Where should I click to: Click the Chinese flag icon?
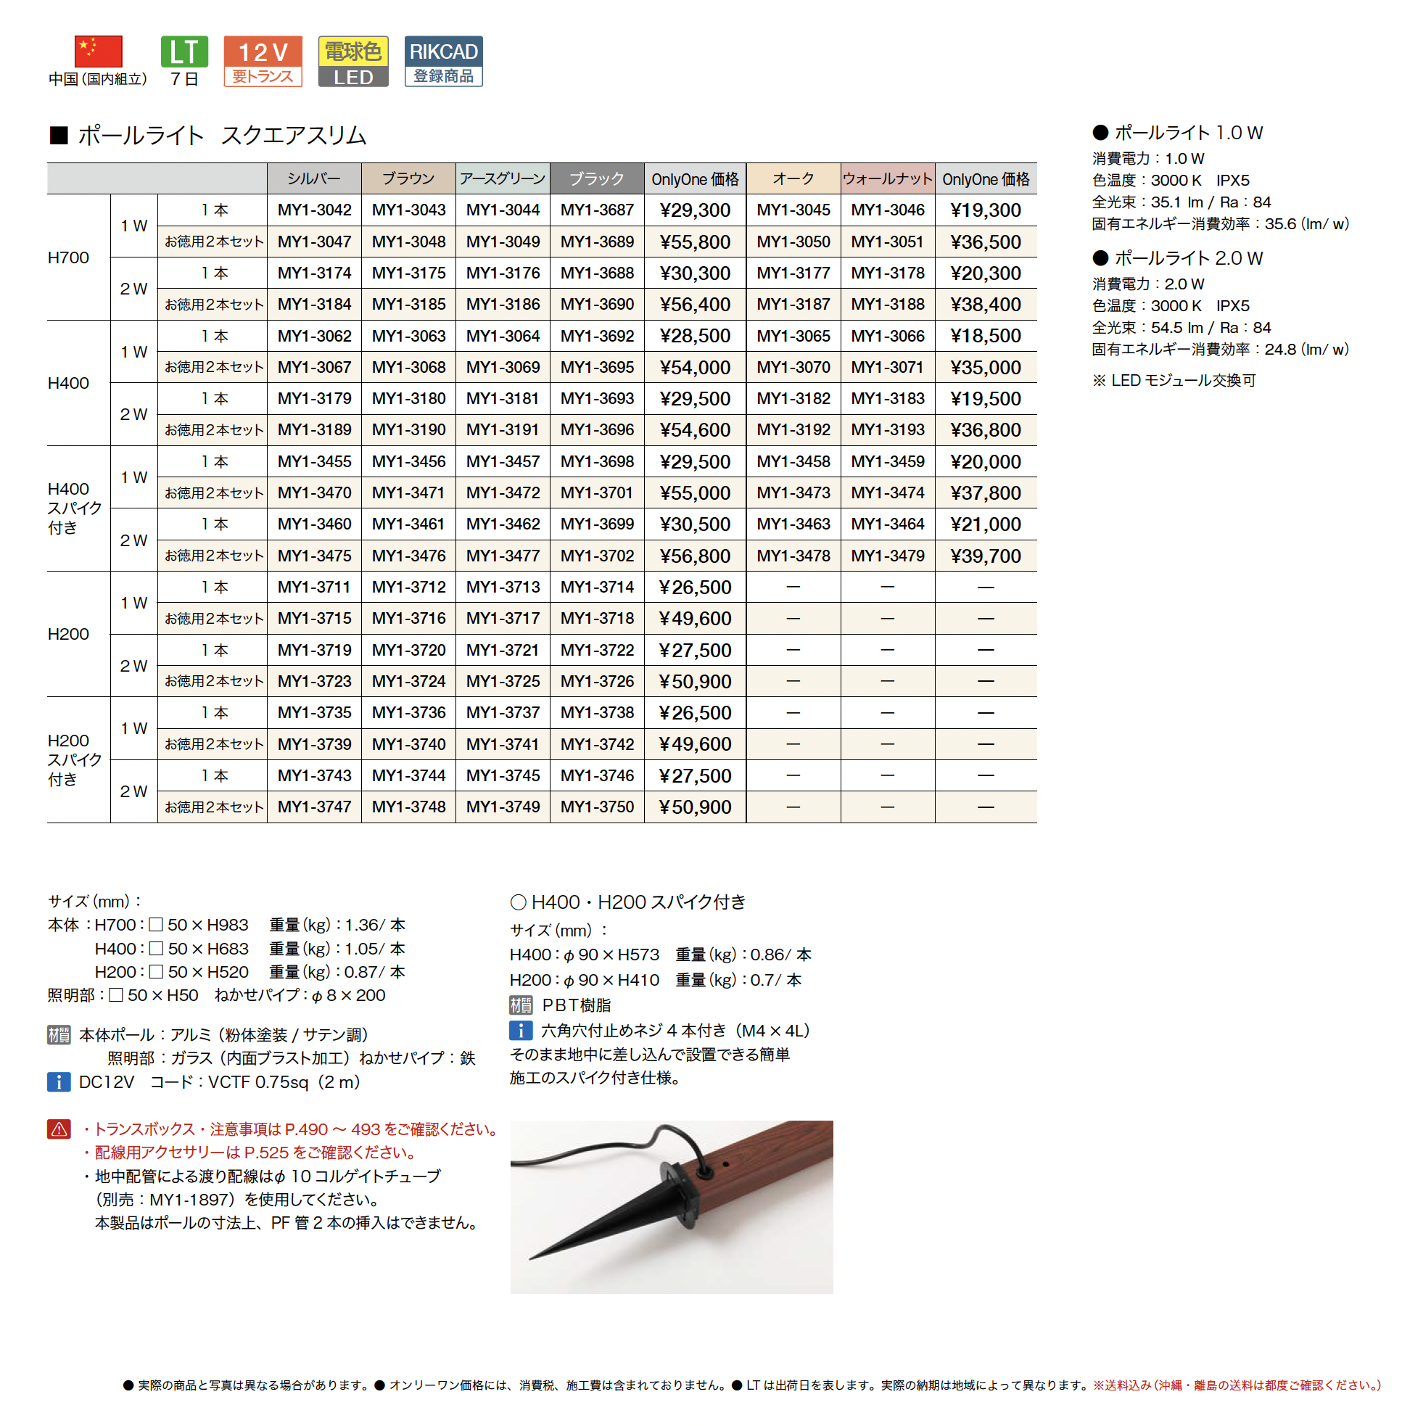[98, 51]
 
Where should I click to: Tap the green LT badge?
[184, 51]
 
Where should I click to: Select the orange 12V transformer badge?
[263, 61]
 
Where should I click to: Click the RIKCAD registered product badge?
[443, 61]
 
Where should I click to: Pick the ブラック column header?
[596, 179]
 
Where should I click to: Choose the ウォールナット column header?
[887, 179]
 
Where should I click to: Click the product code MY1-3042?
[315, 210]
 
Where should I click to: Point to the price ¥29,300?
[695, 210]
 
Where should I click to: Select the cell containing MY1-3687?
[596, 210]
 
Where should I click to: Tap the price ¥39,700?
[985, 556]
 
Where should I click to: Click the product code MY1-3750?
[596, 807]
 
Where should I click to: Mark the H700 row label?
[68, 257]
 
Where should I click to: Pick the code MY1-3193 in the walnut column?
[887, 430]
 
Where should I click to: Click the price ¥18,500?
[985, 337]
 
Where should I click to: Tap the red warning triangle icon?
[59, 1129]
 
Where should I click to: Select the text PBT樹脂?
[576, 1005]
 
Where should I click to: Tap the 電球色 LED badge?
[353, 61]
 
